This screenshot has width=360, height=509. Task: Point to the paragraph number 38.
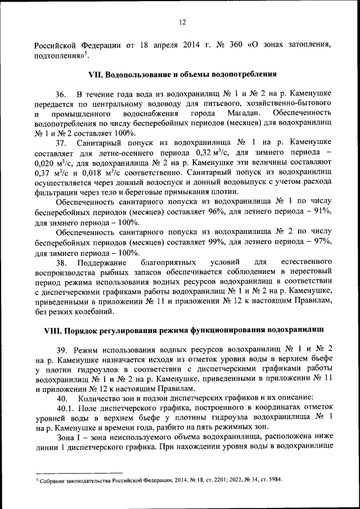62,263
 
